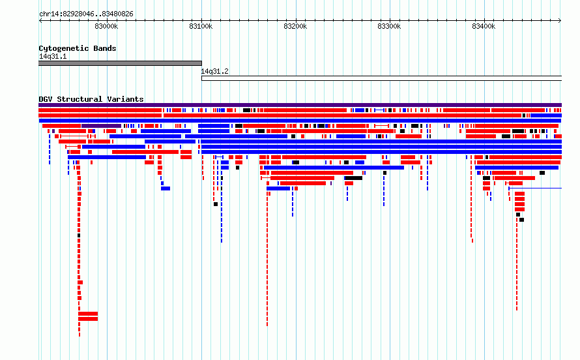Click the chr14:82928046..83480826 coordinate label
click(86, 14)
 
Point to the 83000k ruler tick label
click(106, 26)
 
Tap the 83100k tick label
click(201, 26)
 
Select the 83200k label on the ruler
click(295, 26)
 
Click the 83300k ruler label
click(389, 26)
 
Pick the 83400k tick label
click(484, 26)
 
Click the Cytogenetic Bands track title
click(78, 48)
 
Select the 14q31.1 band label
click(53, 56)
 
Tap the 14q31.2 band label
click(214, 71)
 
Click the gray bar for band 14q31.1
click(120, 63)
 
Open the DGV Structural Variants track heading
click(91, 99)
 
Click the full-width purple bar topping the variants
click(300, 105)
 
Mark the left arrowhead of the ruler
click(39, 21)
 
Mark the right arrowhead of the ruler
click(560, 21)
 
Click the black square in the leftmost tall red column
click(79, 235)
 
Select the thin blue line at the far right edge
click(535, 188)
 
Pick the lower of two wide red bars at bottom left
click(88, 319)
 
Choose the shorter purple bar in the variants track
click(102, 126)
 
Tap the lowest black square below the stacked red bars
click(521, 220)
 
